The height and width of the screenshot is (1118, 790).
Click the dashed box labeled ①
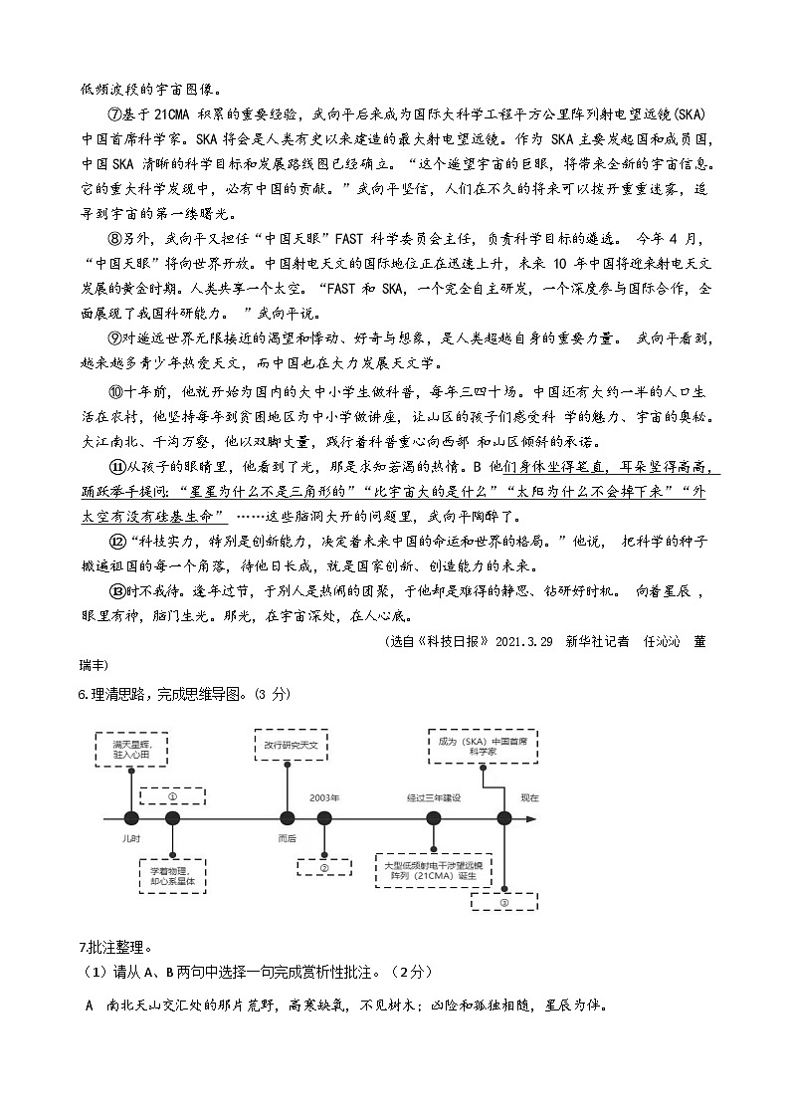(x=172, y=796)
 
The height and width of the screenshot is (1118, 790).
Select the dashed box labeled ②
(x=324, y=867)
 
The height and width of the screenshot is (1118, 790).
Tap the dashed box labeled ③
(x=503, y=902)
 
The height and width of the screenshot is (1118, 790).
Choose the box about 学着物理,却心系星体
(x=173, y=874)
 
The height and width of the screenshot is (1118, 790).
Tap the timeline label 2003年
(x=324, y=797)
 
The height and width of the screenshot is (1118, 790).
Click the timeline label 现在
(x=529, y=797)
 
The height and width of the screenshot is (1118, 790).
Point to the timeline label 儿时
(x=131, y=839)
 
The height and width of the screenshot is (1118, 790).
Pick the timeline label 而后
(x=287, y=839)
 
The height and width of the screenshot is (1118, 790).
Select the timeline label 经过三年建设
(x=434, y=797)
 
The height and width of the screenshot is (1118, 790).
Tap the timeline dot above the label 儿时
(x=131, y=818)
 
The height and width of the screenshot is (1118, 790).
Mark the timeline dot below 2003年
(x=324, y=818)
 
